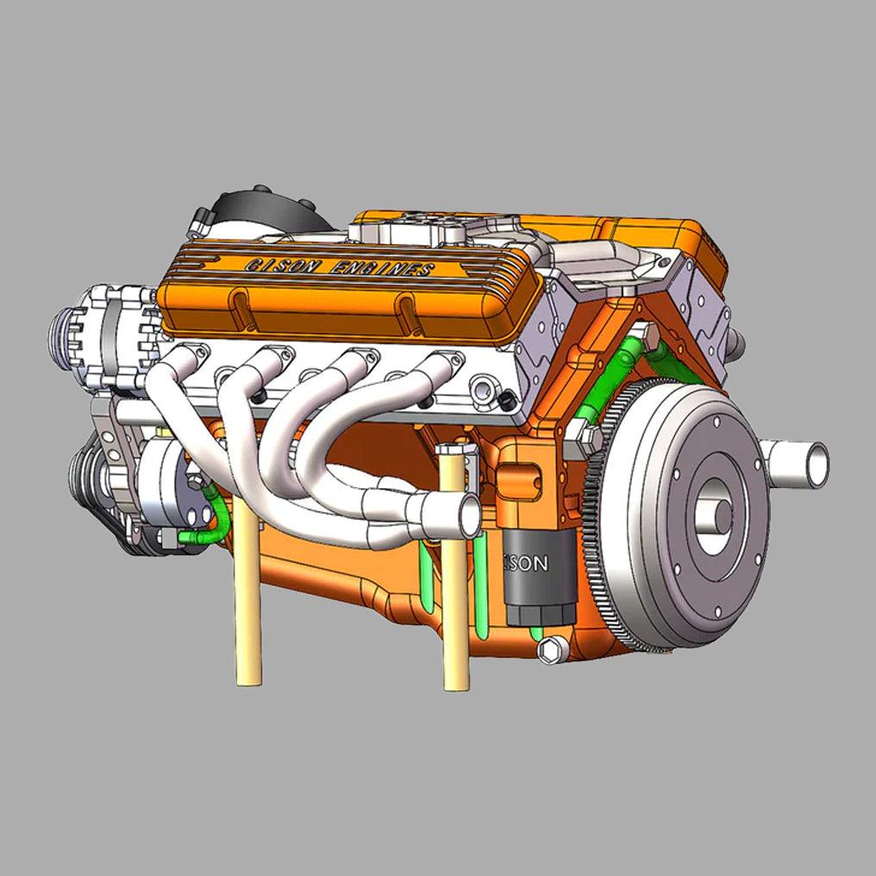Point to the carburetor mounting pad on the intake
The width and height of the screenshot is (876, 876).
(414, 228)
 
